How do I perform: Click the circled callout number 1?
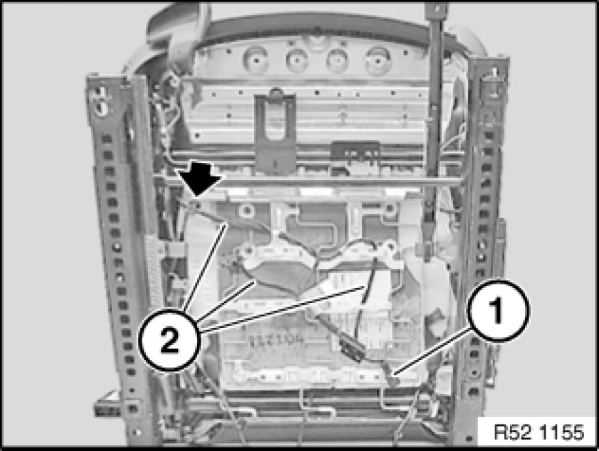coord(498,310)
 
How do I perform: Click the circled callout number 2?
coord(169,340)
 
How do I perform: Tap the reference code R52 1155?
coord(539,432)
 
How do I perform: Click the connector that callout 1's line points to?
coord(391,377)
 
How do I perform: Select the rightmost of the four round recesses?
coord(378,61)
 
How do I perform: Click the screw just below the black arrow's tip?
coord(198,206)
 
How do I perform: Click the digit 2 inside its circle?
coord(169,340)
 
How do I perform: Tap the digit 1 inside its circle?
coord(498,310)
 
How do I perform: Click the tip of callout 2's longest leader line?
coord(362,287)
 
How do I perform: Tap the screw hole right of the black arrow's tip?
coord(248,209)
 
